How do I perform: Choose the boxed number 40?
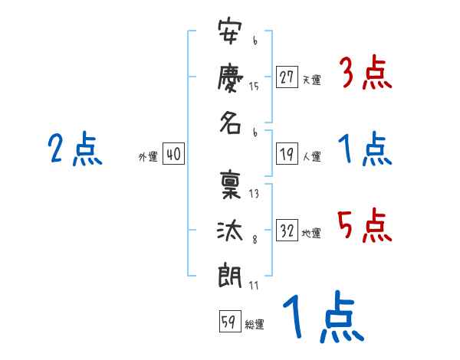point(173,155)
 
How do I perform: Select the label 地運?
point(311,234)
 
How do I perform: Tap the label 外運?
point(147,157)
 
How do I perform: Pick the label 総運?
point(254,326)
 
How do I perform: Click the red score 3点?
point(365,74)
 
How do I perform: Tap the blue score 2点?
point(74,149)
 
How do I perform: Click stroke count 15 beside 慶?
point(254,87)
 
